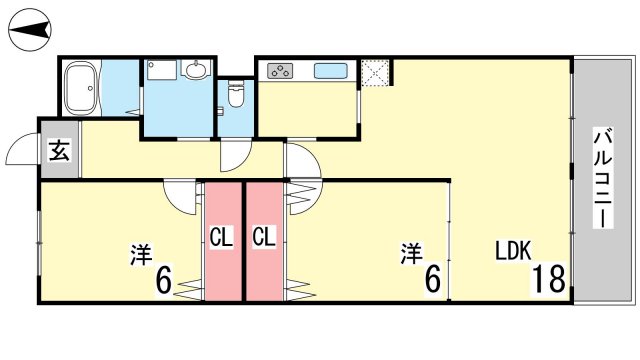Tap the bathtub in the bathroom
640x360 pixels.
tap(81, 88)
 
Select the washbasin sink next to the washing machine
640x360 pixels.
tap(196, 69)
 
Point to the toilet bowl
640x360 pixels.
tap(235, 93)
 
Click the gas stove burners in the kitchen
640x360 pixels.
tap(280, 71)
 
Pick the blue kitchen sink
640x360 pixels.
tap(331, 70)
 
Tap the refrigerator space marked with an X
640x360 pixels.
tap(375, 74)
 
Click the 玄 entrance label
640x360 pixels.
tap(60, 150)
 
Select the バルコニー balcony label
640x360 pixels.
tap(604, 178)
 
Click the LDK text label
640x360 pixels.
tap(513, 251)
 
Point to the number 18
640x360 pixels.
tap(548, 278)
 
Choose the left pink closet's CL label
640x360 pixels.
tap(221, 237)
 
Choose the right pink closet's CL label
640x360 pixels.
tap(264, 237)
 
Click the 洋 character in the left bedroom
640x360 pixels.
tap(141, 254)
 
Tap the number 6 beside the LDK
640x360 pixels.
tap(433, 280)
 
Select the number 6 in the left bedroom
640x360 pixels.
tap(164, 280)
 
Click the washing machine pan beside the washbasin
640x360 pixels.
tap(162, 69)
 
